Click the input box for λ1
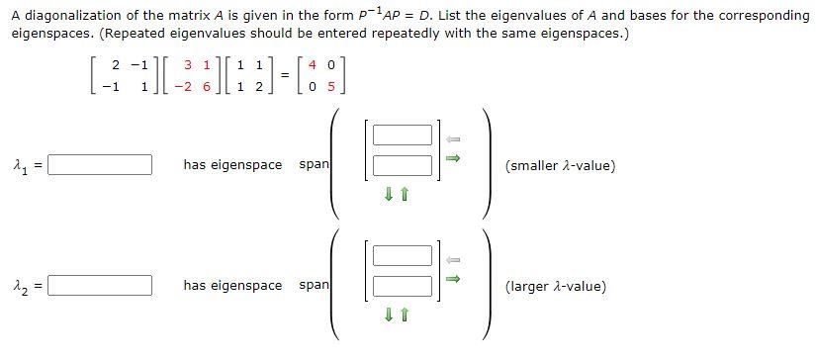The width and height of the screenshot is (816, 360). click(100, 164)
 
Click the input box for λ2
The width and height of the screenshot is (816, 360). click(100, 286)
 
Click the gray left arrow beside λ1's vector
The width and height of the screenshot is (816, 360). click(453, 138)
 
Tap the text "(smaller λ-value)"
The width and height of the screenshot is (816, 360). click(560, 165)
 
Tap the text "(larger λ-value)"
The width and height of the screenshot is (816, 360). click(555, 287)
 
